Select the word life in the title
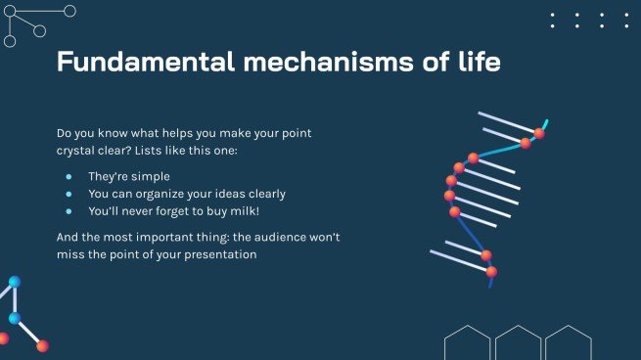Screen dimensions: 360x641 (477, 63)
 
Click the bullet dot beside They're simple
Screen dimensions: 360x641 (69, 177)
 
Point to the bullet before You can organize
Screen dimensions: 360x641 (69, 194)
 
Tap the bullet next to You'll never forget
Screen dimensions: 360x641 (69, 210)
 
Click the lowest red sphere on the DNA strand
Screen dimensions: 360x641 (491, 271)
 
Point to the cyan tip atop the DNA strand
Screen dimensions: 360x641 (545, 123)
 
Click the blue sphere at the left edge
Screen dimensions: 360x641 (14, 318)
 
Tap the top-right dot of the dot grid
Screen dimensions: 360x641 (627, 15)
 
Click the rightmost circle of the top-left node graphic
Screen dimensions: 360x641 (69, 11)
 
